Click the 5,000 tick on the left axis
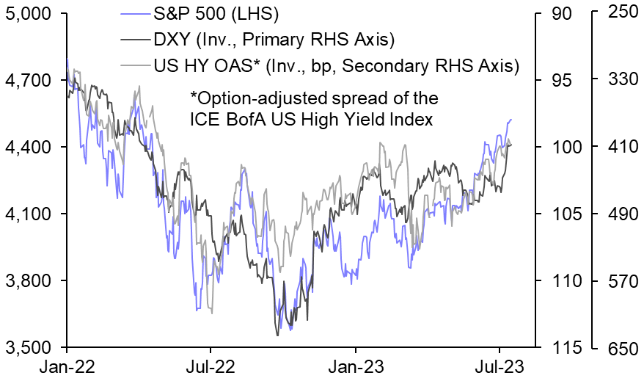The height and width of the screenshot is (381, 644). [x=29, y=13]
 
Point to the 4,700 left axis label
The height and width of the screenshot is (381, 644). [x=29, y=80]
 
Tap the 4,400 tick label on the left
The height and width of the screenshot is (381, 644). [x=29, y=147]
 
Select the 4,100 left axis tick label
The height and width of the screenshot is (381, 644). [x=29, y=214]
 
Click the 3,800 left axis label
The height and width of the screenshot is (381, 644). [x=29, y=281]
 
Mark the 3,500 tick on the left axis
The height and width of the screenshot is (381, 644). [x=29, y=347]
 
